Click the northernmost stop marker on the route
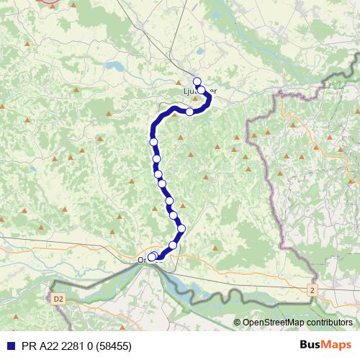point(197,81)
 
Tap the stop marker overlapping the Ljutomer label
point(202,90)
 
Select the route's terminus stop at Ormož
point(151,256)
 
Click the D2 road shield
point(58,297)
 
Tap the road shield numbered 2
point(311,289)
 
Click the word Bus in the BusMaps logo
point(311,345)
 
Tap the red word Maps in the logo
point(337,345)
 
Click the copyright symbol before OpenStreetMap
point(237,323)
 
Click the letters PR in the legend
point(27,346)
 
